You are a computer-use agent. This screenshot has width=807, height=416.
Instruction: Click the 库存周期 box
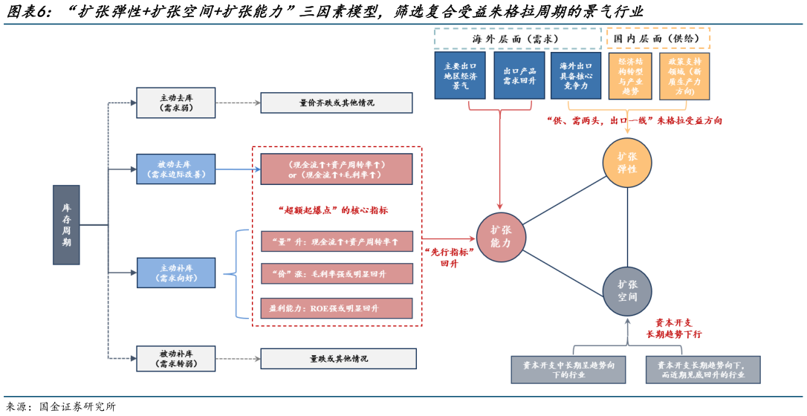(x=66, y=225)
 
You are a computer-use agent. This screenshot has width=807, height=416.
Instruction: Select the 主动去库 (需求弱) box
(x=176, y=103)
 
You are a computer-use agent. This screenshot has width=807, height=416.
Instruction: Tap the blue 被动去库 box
(x=176, y=169)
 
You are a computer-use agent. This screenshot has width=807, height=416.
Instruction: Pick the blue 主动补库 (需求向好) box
(x=176, y=273)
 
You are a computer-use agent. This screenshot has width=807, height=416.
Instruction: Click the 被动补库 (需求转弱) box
(x=176, y=358)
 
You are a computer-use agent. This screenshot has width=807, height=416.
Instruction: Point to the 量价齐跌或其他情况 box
(x=336, y=103)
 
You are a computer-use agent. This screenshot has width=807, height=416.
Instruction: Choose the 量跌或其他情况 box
(x=338, y=358)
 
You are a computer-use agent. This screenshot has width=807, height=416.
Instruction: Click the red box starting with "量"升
(x=337, y=241)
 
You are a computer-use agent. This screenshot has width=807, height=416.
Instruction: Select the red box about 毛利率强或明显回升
(x=337, y=274)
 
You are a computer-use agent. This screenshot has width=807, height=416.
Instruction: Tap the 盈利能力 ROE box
(x=337, y=308)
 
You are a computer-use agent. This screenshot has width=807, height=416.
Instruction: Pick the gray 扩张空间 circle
(x=627, y=290)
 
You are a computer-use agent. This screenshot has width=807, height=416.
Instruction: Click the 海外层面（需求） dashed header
(x=517, y=39)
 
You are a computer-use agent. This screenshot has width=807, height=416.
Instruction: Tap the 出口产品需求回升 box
(x=519, y=75)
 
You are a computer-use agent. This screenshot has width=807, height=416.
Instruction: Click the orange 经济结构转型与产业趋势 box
(x=630, y=75)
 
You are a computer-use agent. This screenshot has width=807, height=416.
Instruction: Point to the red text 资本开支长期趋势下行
(x=673, y=328)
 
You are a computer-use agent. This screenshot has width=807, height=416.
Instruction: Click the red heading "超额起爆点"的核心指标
(x=336, y=210)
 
